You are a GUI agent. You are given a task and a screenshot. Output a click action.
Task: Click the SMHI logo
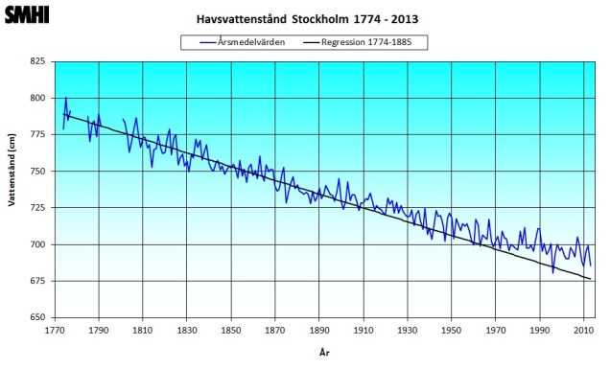point(27,15)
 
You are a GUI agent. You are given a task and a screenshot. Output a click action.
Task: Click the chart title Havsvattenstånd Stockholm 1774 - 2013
point(307,18)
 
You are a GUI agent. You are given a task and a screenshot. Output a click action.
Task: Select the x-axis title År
point(323,353)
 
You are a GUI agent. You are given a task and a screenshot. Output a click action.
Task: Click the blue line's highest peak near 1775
point(66,97)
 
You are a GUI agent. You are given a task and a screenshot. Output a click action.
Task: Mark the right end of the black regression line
point(591,278)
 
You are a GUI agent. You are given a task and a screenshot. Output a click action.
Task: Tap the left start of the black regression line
point(63,114)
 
